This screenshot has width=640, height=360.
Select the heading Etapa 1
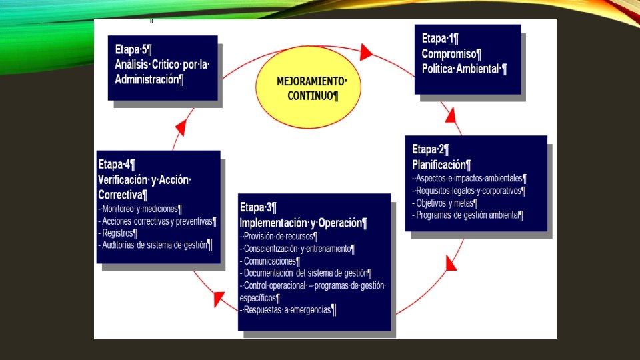coord(439,39)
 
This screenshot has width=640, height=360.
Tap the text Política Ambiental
coord(464,69)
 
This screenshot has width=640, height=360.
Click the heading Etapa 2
coord(430,149)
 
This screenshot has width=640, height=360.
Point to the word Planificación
coord(441,165)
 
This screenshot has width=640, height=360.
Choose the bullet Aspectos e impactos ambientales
coord(469,179)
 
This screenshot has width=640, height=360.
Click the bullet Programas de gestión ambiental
coord(468,215)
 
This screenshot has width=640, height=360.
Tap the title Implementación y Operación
coord(303,223)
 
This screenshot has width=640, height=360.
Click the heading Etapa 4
coord(116,164)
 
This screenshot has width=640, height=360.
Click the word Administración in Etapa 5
coord(149,79)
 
